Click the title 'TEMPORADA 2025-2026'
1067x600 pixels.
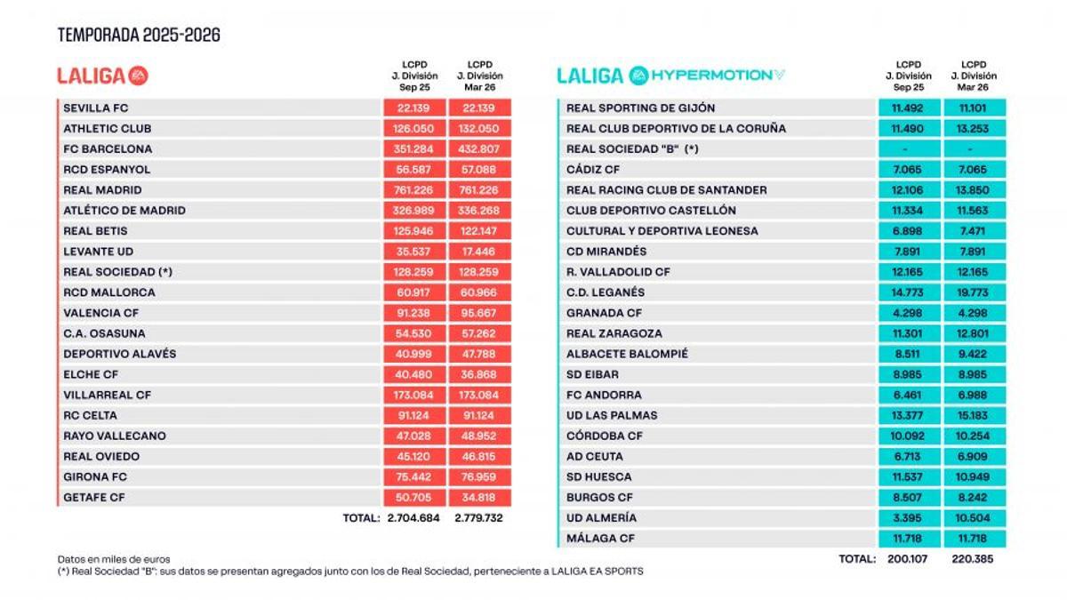point(139,36)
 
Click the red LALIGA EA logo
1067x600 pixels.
point(103,76)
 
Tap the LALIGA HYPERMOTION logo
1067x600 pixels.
point(671,76)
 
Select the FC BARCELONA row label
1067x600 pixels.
point(108,149)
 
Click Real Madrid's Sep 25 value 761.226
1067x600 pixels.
point(413,190)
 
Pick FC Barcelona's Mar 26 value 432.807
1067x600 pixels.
point(478,149)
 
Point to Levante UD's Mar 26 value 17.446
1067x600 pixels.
point(478,252)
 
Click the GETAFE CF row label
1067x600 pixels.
point(94,497)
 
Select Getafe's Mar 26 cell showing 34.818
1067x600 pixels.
point(478,497)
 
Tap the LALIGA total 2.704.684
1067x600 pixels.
point(413,517)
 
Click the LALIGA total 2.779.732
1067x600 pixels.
point(478,517)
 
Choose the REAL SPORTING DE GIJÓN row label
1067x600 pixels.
point(640,108)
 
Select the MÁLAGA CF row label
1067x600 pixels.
point(599,538)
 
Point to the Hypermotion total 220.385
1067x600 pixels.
point(973,559)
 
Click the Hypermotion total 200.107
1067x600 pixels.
point(908,559)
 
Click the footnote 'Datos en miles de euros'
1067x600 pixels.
point(114,559)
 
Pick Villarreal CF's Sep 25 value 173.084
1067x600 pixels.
point(413,395)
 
